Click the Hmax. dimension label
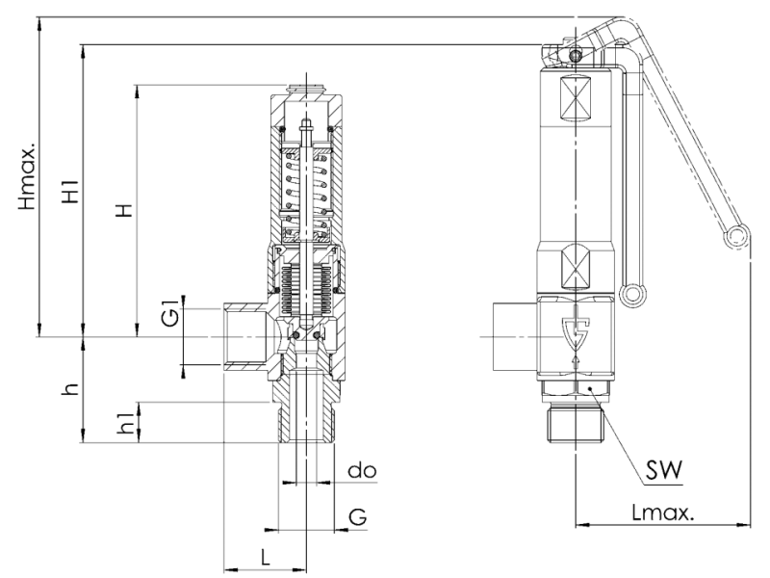(x=28, y=177)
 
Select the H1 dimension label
(x=70, y=192)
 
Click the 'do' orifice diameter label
(x=362, y=471)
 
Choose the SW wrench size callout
(x=664, y=470)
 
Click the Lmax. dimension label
(x=663, y=513)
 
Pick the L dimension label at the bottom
(x=266, y=558)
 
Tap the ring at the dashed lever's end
(x=737, y=237)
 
